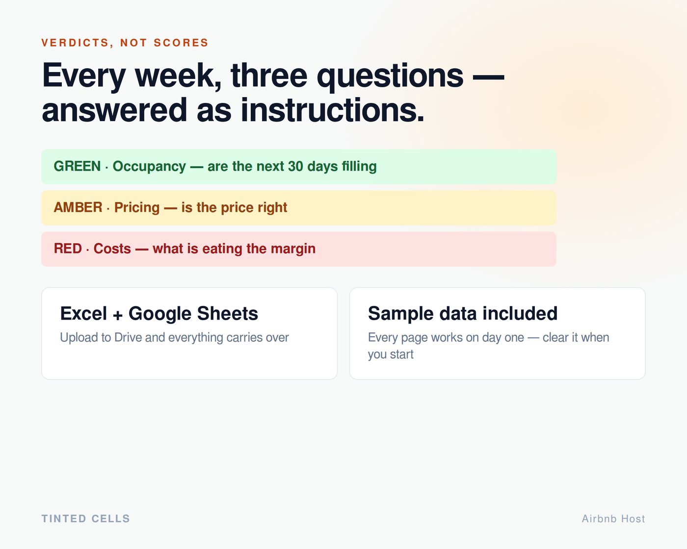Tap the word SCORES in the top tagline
181,43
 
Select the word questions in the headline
390,77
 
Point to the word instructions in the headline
332,110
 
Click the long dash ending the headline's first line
488,77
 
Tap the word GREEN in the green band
77,166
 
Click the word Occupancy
149,167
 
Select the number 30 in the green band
295,166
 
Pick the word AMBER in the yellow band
78,207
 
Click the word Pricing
137,208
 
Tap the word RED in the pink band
68,249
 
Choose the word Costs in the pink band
112,249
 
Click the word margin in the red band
293,249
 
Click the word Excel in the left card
83,313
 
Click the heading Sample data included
463,313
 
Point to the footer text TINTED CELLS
86,519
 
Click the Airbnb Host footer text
613,519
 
